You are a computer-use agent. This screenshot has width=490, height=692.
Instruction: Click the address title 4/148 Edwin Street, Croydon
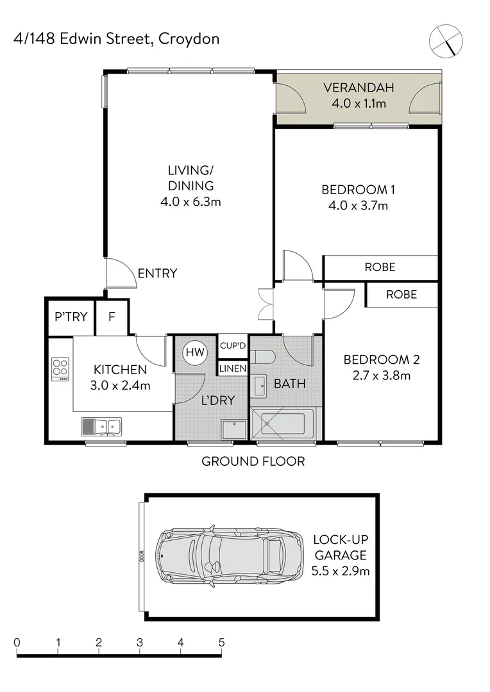point(116,39)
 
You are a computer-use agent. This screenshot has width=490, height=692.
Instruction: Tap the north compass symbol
point(445,40)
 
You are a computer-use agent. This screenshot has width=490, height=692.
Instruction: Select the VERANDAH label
point(358,88)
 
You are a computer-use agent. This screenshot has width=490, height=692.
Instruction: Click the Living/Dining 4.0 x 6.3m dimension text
point(190,202)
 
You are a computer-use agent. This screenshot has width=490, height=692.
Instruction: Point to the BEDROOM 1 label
point(358,190)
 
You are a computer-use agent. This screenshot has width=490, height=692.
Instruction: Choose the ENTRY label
point(157,274)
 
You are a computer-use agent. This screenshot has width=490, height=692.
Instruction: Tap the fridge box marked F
point(111,316)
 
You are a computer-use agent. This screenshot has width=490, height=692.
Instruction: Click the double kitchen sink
point(101,425)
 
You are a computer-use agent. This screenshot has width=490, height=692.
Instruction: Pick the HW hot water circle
point(193,351)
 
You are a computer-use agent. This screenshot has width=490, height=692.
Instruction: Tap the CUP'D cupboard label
point(233,346)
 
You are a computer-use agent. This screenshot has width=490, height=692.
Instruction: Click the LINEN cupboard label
point(233,368)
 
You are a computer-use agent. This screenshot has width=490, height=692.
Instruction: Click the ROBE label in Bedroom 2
point(401,295)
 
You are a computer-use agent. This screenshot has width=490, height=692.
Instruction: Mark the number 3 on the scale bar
point(139,642)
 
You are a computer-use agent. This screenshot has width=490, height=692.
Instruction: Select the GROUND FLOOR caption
point(253,461)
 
